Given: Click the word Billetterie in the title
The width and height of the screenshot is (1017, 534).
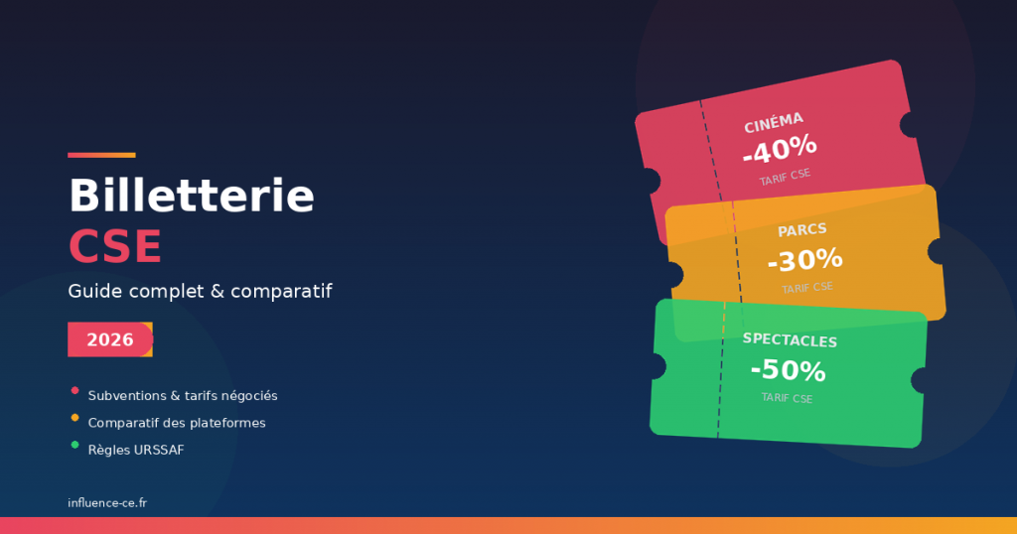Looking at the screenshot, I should click(191, 197).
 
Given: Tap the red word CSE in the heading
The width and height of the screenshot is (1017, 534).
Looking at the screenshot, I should click(114, 246).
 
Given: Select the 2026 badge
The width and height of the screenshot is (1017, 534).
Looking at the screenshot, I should click(109, 339).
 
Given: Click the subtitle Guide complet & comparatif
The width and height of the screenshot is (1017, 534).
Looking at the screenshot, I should click(200, 292).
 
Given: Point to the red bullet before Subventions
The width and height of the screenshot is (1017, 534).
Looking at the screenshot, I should click(74, 390).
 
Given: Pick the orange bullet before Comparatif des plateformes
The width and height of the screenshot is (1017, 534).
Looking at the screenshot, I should click(74, 417).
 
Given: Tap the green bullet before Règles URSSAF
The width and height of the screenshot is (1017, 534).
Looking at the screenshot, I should click(74, 444).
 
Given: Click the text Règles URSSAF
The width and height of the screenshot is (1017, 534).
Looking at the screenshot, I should click(135, 450).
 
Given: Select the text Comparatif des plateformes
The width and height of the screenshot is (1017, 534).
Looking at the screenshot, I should click(176, 423).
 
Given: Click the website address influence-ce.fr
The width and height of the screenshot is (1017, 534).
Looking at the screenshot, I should click(107, 503).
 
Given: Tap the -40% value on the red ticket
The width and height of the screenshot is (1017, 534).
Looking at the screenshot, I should click(780, 150).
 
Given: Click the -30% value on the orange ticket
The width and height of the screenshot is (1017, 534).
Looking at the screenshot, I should click(804, 260).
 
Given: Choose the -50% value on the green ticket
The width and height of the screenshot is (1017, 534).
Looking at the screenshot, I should click(788, 371).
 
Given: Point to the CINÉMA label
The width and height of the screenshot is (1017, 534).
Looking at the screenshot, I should click(774, 122).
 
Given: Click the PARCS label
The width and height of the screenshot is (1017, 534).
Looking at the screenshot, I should click(802, 230).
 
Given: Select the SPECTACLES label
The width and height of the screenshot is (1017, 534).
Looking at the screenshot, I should click(790, 340).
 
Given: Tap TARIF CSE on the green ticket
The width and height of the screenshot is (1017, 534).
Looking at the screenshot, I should click(787, 398).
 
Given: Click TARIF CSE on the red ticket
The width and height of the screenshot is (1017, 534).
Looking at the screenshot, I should click(785, 178).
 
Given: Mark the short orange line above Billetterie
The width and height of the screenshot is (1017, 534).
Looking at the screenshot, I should click(101, 155).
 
